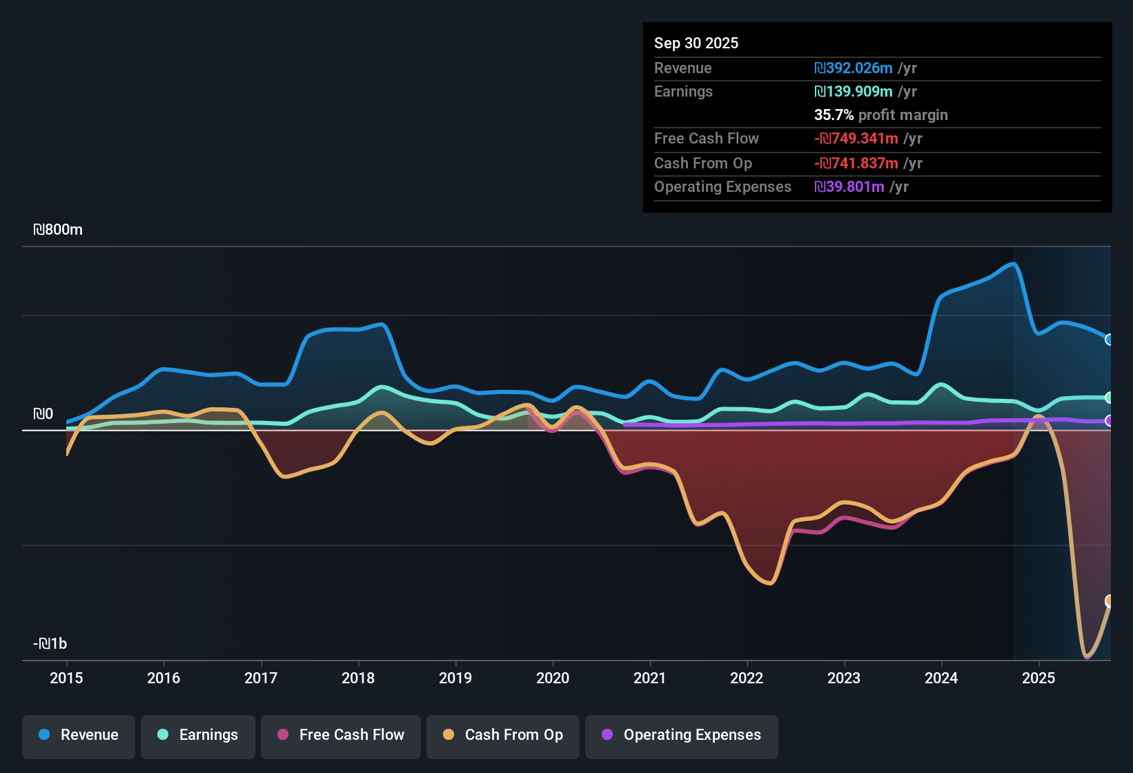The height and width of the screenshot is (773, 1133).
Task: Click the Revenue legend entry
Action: pyautogui.click(x=79, y=735)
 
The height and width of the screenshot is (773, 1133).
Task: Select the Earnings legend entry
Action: pyautogui.click(x=198, y=735)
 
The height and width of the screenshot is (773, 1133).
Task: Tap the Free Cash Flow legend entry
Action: pyautogui.click(x=341, y=735)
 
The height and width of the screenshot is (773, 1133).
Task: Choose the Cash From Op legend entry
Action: pyautogui.click(x=503, y=735)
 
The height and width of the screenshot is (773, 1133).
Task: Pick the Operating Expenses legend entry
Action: pyautogui.click(x=682, y=735)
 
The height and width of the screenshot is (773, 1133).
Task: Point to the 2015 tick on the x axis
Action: pyautogui.click(x=66, y=678)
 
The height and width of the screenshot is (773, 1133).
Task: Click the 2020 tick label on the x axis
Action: pyautogui.click(x=553, y=678)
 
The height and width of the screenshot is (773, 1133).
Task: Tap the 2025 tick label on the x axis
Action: pyautogui.click(x=1038, y=678)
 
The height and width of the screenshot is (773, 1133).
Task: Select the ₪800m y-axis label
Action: pyautogui.click(x=58, y=230)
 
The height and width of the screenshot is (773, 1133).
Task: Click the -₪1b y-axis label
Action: pyautogui.click(x=50, y=644)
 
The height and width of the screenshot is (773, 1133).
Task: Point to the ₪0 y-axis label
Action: pyautogui.click(x=43, y=414)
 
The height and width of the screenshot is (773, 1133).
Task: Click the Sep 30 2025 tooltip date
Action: pyautogui.click(x=696, y=43)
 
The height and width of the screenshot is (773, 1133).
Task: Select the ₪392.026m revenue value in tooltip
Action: pyautogui.click(x=854, y=68)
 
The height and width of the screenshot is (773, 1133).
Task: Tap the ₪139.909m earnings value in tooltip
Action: pyautogui.click(x=854, y=92)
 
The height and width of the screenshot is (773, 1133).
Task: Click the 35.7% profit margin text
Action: pyautogui.click(x=880, y=115)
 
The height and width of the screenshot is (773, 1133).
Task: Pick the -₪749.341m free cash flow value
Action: pyautogui.click(x=856, y=139)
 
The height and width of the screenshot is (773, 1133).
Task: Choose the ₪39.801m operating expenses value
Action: pyautogui.click(x=849, y=187)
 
